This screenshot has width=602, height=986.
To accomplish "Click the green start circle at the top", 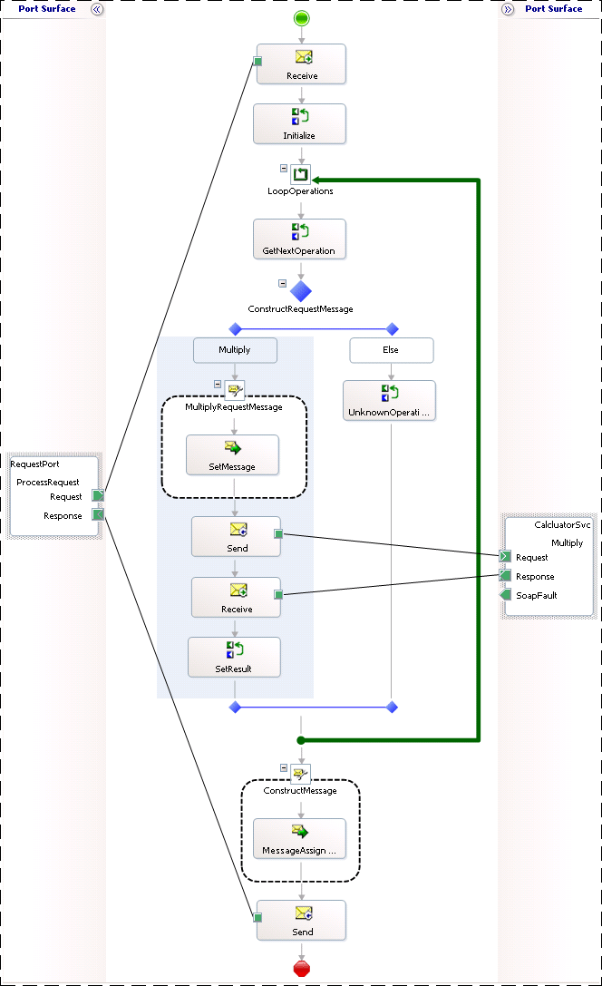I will [301, 18].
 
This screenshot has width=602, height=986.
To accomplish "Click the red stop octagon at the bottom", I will [302, 969].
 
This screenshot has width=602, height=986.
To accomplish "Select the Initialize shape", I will [299, 123].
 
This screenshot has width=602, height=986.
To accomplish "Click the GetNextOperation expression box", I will [299, 239].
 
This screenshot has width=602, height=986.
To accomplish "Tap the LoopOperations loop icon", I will [301, 174].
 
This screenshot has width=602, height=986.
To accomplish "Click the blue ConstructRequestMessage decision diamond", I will [301, 291].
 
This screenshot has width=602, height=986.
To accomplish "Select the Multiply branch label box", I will [235, 349].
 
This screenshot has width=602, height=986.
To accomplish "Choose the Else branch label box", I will [392, 349].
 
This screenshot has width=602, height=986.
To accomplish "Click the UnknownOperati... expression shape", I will [390, 400].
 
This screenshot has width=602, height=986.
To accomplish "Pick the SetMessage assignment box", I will [233, 454].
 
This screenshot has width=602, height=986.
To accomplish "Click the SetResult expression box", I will [234, 657].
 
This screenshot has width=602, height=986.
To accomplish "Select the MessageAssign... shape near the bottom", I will [299, 839].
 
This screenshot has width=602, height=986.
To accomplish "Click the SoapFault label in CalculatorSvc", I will [536, 596].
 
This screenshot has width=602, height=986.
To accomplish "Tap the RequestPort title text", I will [35, 464].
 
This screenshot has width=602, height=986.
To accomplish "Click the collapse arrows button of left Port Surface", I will [96, 9].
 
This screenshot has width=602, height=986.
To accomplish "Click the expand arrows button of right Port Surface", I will [508, 9].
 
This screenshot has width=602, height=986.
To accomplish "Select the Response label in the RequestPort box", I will [63, 515].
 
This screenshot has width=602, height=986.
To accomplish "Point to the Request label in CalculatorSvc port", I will [531, 557].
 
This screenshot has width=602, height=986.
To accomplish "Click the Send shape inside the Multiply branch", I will [237, 536].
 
